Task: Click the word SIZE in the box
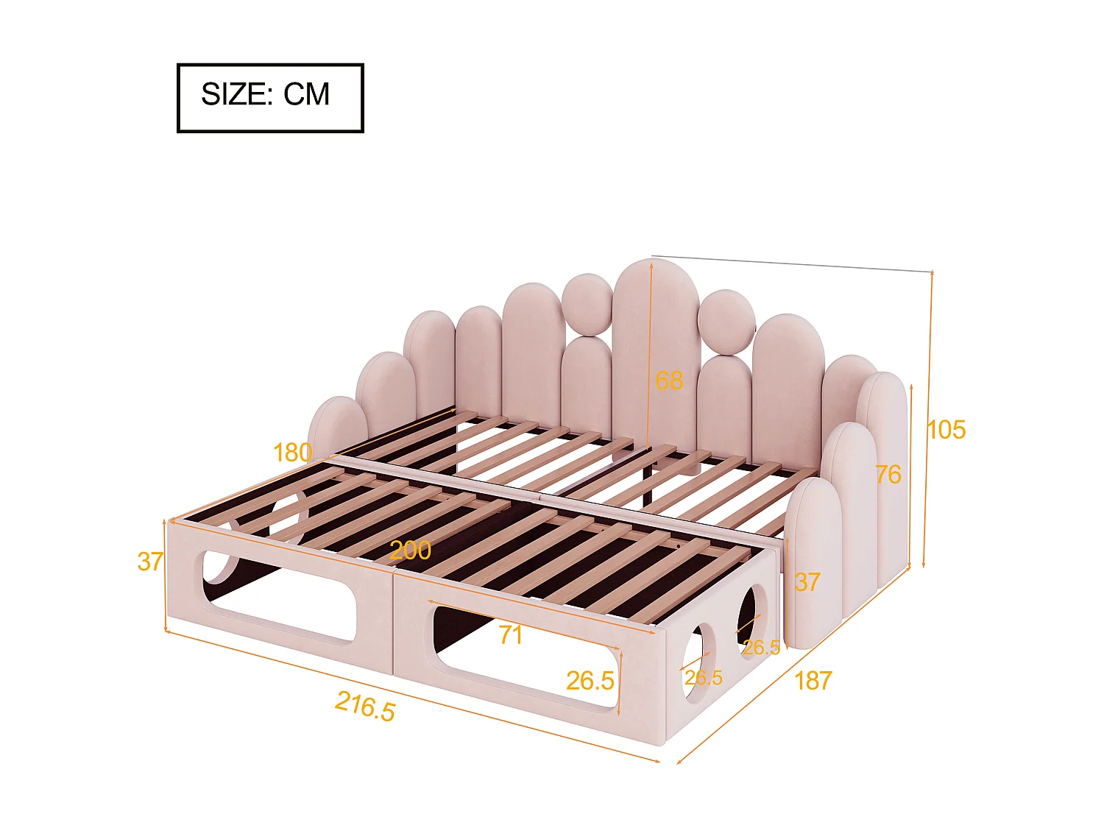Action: click(x=233, y=95)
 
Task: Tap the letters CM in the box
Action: click(x=307, y=95)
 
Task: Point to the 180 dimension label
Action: click(x=292, y=453)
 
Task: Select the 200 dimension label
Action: click(x=410, y=551)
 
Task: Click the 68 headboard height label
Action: click(x=669, y=381)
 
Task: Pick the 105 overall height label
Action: click(x=946, y=430)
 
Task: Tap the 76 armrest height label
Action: click(x=888, y=475)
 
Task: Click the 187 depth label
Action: click(x=813, y=681)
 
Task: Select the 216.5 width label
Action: click(x=365, y=706)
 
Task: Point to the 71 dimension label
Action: click(x=510, y=634)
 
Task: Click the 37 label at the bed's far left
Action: click(x=150, y=562)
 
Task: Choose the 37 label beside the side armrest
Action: click(x=807, y=582)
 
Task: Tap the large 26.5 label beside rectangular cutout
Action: click(x=590, y=681)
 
